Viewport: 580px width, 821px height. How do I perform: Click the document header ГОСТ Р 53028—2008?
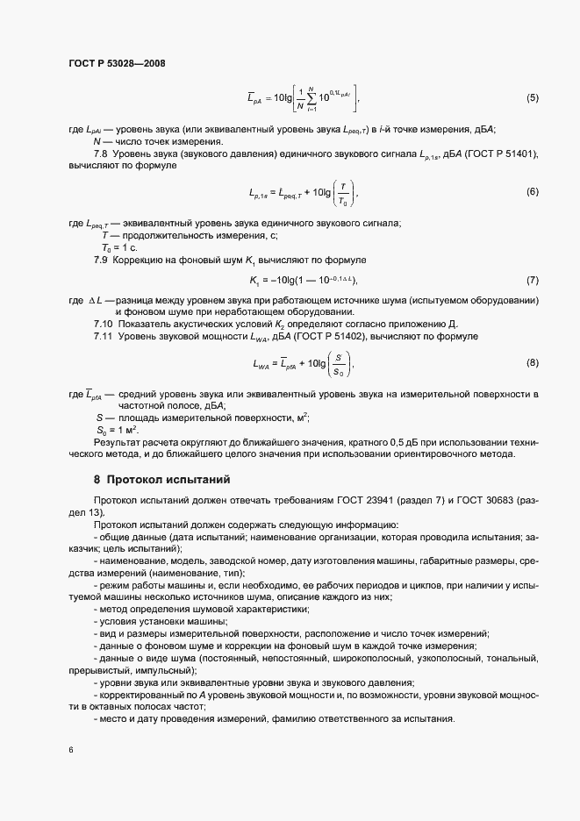(116, 62)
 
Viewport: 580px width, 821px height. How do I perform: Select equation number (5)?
(532, 97)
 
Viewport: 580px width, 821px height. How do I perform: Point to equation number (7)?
(532, 280)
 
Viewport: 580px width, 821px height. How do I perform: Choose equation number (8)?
(532, 361)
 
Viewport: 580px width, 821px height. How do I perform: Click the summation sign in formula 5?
(311, 97)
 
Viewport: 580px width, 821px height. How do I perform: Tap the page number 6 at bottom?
(70, 751)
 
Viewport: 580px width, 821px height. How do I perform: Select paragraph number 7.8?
(101, 154)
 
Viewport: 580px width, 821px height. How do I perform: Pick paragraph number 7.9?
(101, 261)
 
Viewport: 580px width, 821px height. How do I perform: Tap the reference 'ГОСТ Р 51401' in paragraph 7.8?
(503, 154)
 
